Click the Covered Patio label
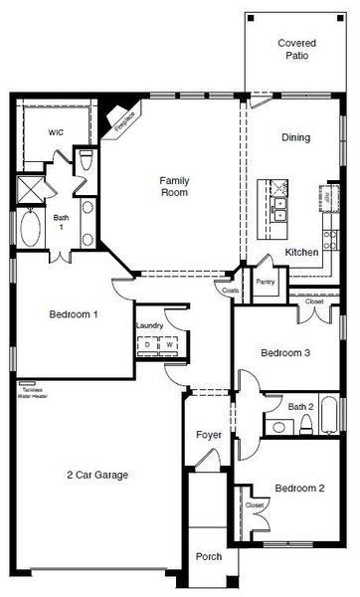coord(296,50)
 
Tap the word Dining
coord(295,137)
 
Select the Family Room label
coord(176,187)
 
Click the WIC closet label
coord(57,131)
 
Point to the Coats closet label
coord(231,290)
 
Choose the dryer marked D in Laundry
coord(148,345)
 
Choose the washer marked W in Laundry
coord(168,345)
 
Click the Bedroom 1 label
coord(74,314)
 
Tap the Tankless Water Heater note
coord(32,391)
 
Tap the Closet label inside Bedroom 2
coord(255,504)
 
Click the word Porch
coord(208,556)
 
